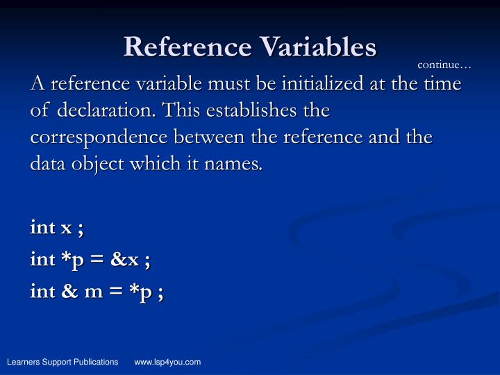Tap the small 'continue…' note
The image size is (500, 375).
point(444,65)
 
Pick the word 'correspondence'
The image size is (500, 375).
point(96,137)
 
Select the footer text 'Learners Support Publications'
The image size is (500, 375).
point(62,362)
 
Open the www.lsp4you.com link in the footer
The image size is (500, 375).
point(167,362)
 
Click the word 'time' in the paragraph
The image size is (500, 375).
point(444,84)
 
